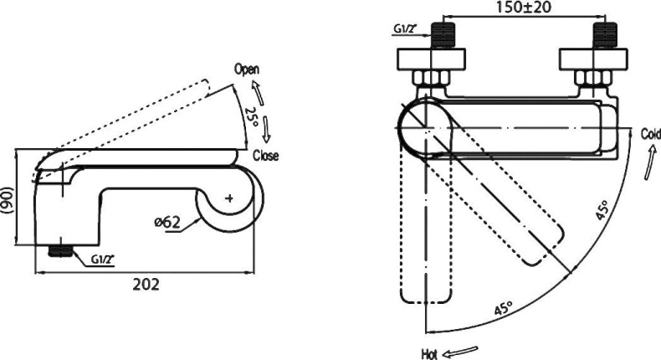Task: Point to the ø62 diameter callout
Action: (167, 224)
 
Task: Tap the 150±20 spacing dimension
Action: (525, 8)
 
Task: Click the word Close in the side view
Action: (267, 156)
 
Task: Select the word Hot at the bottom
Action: (429, 352)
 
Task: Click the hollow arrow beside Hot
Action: (462, 351)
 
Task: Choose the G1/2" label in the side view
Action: (104, 259)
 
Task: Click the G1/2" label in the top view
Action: (407, 29)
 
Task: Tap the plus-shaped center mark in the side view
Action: (231, 199)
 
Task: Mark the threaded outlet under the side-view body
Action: (59, 249)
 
